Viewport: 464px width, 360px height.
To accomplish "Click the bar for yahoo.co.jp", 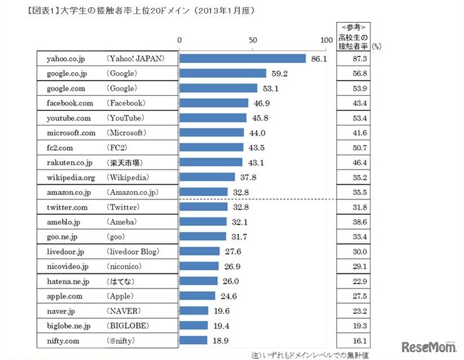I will (x=242, y=59).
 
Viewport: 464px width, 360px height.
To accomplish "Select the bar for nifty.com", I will (x=193, y=340).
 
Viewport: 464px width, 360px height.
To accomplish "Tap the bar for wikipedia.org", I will (x=207, y=177).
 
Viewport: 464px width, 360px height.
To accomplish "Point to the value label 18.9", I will (x=220, y=340).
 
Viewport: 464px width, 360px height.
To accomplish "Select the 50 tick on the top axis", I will (x=252, y=40).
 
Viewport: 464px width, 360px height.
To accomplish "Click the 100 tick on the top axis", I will (x=325, y=40).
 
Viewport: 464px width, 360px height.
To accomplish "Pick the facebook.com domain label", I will (x=70, y=103).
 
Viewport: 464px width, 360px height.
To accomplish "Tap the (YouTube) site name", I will (x=125, y=118).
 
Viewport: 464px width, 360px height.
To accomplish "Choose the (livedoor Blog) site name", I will (x=132, y=251).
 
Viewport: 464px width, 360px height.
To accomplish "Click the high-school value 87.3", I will (x=358, y=59).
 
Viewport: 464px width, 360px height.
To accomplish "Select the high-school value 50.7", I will (x=358, y=148).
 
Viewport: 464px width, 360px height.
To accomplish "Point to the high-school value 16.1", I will (x=358, y=340).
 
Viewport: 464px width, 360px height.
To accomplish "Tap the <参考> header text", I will (x=354, y=26).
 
